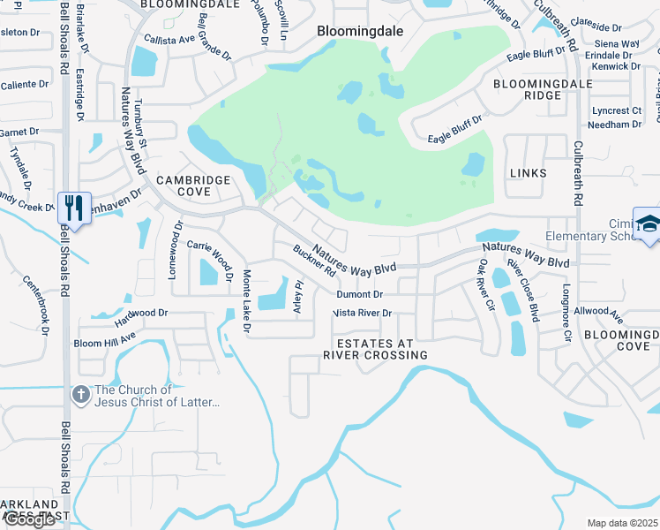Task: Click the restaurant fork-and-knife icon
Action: [x=72, y=208]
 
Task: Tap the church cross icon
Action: [x=80, y=395]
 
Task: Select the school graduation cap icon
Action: [x=649, y=225]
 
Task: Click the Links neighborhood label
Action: [x=527, y=173]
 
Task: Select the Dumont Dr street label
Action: [x=359, y=294]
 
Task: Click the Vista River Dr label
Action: [x=362, y=313]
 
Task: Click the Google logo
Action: [x=29, y=519]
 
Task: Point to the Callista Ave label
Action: [x=169, y=40]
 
